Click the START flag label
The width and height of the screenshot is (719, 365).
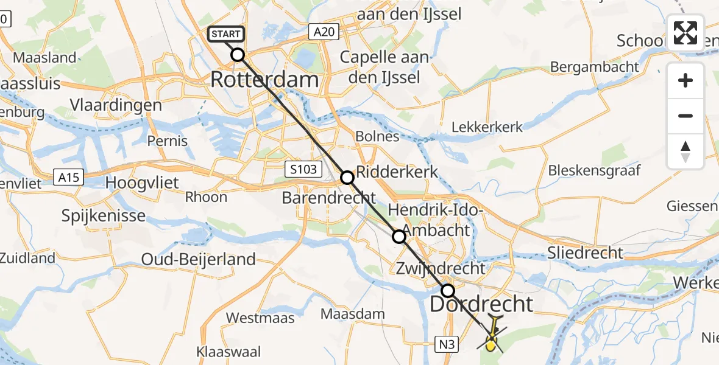point(227,35)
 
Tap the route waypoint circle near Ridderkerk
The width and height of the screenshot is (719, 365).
point(347,178)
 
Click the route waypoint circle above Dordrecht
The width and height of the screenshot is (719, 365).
point(448,291)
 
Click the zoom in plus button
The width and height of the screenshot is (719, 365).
point(685,80)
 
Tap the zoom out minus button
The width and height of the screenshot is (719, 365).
point(685,116)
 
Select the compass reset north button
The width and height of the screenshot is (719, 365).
point(685,151)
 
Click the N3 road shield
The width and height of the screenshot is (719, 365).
point(448,345)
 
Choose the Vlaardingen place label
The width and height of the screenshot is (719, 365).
point(116,105)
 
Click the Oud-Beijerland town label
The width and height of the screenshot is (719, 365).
point(199,259)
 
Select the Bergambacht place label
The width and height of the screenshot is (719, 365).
point(594,67)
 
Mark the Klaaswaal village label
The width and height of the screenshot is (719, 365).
point(229,352)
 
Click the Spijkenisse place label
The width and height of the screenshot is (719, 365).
point(104,215)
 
